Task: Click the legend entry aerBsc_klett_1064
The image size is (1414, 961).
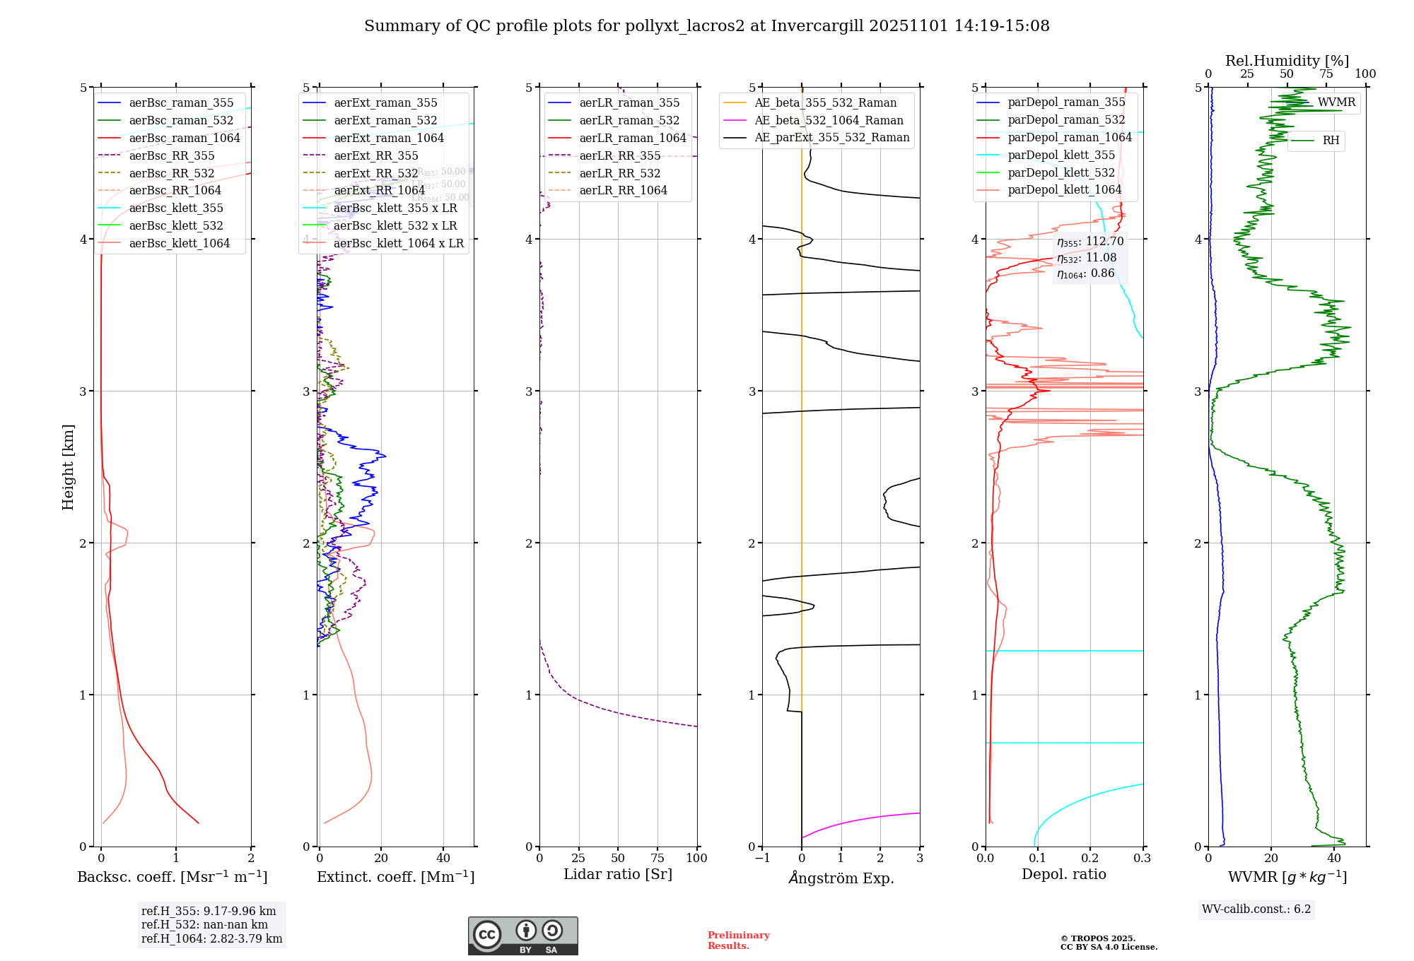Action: coord(179,244)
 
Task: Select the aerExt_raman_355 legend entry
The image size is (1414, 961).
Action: coord(385,103)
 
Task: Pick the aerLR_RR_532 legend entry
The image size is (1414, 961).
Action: coord(619,173)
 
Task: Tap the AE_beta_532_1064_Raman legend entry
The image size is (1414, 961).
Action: coord(829,121)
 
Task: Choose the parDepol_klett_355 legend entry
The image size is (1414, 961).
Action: coord(1060,155)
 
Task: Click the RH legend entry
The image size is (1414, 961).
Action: coord(1331,141)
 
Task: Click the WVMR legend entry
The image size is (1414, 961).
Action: coord(1336,102)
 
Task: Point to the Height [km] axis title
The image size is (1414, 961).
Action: coord(68,467)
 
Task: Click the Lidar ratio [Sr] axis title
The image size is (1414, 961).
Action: coord(618,875)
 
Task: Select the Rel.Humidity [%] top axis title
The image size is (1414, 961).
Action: coord(1287,61)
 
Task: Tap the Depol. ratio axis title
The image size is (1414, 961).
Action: coord(1063,875)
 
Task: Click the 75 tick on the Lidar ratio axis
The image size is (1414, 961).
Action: coord(658,859)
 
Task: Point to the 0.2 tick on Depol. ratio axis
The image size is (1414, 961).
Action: coord(1090,859)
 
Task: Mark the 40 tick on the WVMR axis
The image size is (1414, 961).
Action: coord(1333,859)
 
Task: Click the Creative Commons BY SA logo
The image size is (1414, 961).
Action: coord(522,936)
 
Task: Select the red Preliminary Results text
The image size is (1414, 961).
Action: coord(738,941)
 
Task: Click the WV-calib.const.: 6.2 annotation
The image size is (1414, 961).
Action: coord(1256,909)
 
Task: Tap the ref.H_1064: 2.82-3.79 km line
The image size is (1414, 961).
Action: coord(211,939)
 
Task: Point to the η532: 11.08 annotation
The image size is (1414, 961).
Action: coord(1087,258)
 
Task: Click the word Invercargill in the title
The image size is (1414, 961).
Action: coord(817,26)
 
